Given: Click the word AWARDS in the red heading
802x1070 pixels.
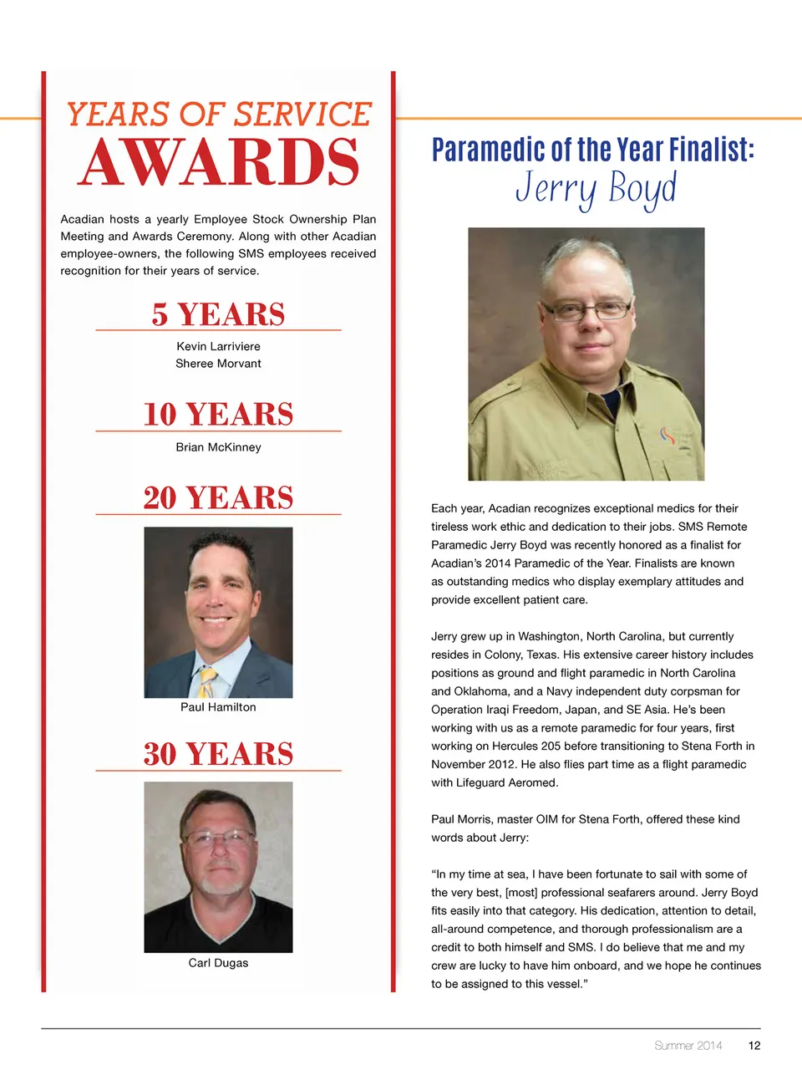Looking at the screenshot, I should coord(219,162).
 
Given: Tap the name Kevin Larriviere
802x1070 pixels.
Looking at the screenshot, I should coord(218,346).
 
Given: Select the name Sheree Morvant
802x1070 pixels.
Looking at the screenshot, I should coord(218,364).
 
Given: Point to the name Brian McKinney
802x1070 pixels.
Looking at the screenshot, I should coord(218,447).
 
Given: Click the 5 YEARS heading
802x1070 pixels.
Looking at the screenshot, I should coord(218,314).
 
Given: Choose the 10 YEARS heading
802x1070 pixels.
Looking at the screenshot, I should coord(218,415).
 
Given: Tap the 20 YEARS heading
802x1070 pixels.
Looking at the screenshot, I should coord(218,498).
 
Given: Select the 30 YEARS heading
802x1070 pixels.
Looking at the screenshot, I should coord(218,754).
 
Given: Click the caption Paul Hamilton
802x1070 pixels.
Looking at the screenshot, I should coord(218,707).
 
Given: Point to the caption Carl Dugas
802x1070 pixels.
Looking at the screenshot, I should coord(218,963).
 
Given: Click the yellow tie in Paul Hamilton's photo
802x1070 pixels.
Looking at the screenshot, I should coord(206,681).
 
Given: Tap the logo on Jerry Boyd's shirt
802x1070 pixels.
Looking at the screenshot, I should coord(667,436).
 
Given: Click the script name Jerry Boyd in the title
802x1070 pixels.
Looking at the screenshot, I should coord(595,189).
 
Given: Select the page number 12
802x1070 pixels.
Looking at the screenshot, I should coord(754,1045).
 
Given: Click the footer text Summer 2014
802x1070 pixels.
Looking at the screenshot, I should coord(688,1045).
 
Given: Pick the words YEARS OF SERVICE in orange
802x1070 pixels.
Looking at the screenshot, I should coord(219,115).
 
